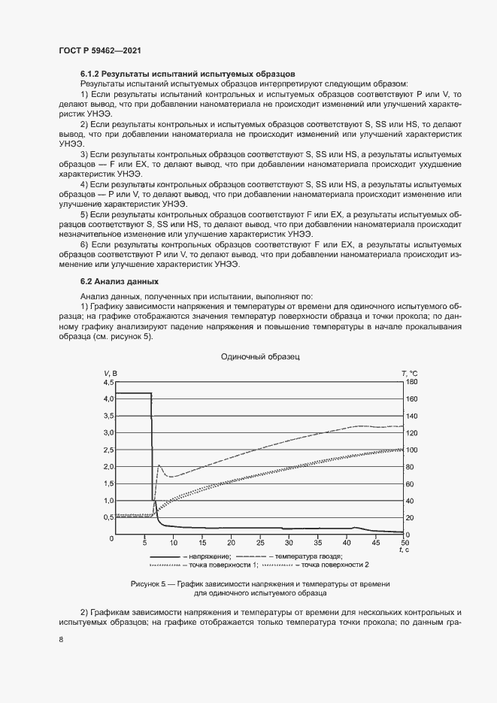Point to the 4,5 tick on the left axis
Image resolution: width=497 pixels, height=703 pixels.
click(x=108, y=382)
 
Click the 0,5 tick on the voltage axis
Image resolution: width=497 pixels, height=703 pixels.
click(x=108, y=517)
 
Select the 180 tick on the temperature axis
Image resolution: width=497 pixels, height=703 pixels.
click(x=411, y=382)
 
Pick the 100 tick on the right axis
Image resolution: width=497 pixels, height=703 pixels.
click(x=411, y=450)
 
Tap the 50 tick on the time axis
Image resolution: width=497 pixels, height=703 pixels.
click(x=405, y=541)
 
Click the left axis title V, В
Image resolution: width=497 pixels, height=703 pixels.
click(x=111, y=373)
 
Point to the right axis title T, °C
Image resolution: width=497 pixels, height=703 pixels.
click(x=409, y=373)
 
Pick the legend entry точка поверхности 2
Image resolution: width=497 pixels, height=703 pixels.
click(x=335, y=564)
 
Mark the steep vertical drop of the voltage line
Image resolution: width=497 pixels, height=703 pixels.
click(x=152, y=451)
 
